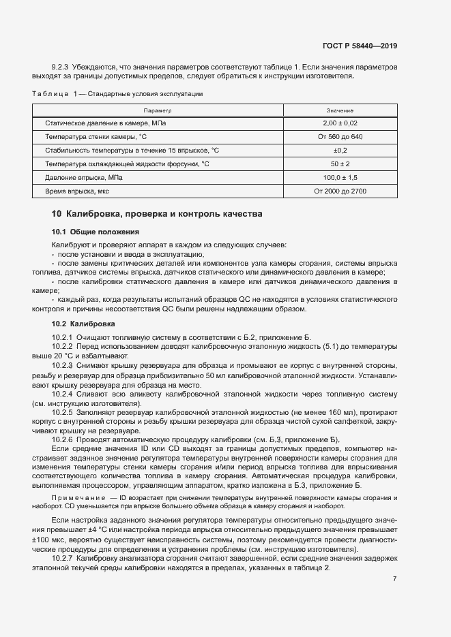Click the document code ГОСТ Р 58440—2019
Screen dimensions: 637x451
359,46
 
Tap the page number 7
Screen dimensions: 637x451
395,579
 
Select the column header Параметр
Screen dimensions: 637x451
157,110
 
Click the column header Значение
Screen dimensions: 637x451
340,110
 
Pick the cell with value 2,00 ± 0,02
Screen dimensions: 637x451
340,123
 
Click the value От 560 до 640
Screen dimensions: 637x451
340,137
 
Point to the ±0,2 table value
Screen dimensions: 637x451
340,151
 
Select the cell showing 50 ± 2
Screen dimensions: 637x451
340,164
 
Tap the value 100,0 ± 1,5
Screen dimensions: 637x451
340,177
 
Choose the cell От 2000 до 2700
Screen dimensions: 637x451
340,191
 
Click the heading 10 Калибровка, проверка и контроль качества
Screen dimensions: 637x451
156,214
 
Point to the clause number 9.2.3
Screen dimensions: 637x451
61,67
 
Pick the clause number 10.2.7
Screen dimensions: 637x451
63,558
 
